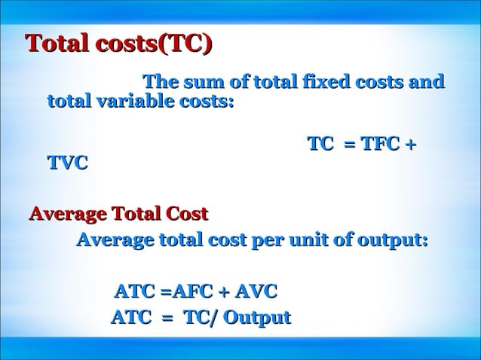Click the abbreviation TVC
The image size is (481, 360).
[x=67, y=163]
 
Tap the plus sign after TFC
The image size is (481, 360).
[x=411, y=144]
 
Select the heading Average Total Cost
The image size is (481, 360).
[x=118, y=214]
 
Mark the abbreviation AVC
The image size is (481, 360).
[x=256, y=291]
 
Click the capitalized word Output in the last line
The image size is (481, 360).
[x=257, y=318]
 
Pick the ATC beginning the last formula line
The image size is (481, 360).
[x=130, y=318]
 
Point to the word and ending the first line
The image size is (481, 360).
[x=425, y=81]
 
